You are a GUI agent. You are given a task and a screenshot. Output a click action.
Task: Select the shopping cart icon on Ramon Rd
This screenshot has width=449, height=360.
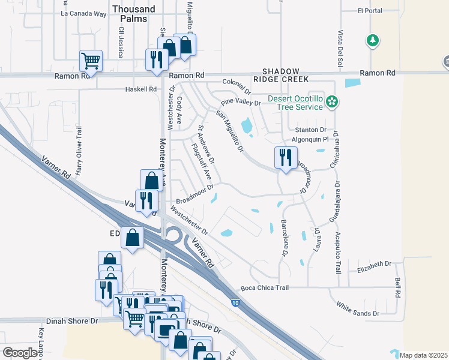click(91, 60)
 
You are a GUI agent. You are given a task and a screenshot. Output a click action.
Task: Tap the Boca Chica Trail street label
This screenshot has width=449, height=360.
click(265, 288)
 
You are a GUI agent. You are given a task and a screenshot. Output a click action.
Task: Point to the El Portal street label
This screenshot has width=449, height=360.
click(369, 10)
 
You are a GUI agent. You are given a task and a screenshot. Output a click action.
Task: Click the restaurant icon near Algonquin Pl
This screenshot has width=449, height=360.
click(285, 158)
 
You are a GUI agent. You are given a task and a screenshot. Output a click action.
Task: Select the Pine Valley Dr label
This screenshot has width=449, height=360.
click(241, 103)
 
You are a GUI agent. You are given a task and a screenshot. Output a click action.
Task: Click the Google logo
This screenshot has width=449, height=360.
click(20, 353)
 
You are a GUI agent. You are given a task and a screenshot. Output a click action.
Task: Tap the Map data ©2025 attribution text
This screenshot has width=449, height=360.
click(423, 355)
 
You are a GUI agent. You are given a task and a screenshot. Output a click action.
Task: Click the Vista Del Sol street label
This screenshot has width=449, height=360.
click(340, 48)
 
